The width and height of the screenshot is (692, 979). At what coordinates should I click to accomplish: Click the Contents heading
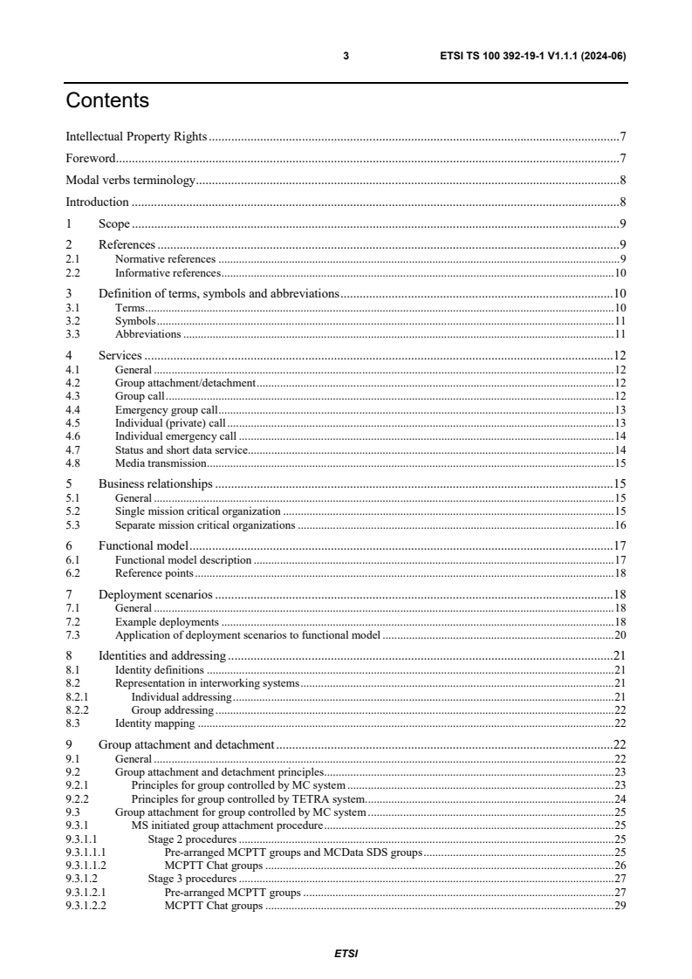click(x=107, y=101)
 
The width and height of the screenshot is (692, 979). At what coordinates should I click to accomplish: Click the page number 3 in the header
click(x=346, y=56)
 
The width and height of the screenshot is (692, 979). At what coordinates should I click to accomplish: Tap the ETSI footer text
click(x=346, y=954)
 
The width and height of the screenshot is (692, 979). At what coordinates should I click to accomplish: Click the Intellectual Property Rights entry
click(x=136, y=137)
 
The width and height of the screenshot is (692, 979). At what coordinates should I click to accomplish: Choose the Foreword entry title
click(x=91, y=159)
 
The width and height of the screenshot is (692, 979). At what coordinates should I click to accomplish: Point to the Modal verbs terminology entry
click(x=130, y=181)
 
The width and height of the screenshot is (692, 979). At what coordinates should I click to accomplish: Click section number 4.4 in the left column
click(x=73, y=409)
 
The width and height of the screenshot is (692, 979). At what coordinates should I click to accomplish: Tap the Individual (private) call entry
click(x=170, y=422)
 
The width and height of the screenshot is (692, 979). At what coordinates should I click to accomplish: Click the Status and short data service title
click(x=182, y=449)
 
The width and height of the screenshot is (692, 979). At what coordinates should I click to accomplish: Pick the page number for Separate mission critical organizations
click(x=620, y=525)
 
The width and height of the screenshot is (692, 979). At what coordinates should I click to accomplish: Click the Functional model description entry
click(x=183, y=560)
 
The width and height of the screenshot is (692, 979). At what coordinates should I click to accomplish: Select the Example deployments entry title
click(x=167, y=622)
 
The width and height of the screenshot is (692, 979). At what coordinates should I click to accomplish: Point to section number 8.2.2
click(x=78, y=710)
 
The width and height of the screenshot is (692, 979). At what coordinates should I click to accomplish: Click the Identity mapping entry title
click(x=154, y=723)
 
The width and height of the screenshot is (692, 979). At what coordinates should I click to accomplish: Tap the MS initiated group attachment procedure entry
click(x=227, y=825)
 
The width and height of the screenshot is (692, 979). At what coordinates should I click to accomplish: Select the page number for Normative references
click(x=623, y=259)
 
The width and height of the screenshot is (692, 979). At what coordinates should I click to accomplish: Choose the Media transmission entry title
click(x=161, y=463)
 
